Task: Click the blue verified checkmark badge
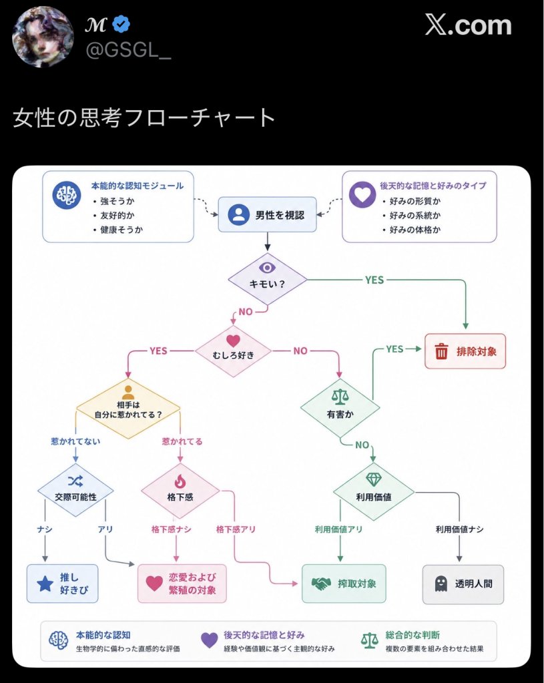tap(121, 25)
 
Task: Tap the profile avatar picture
tap(43, 37)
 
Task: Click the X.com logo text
tap(468, 25)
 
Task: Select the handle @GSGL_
tap(128, 51)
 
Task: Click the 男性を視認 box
tap(267, 214)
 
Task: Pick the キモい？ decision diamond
tap(268, 279)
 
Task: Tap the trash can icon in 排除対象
tap(441, 351)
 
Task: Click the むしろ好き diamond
tap(233, 351)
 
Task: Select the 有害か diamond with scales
tap(340, 408)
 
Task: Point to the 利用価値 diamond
tap(374, 492)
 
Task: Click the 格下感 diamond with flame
tap(180, 491)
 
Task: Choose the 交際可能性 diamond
tap(75, 490)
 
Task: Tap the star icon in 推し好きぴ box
tap(45, 584)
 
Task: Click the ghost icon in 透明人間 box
tap(441, 584)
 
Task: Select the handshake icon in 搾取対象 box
tap(322, 584)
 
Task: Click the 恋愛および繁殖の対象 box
tap(182, 584)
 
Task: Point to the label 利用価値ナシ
tap(459, 529)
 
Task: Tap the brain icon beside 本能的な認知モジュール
tap(67, 195)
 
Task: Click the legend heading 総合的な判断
tap(413, 635)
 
